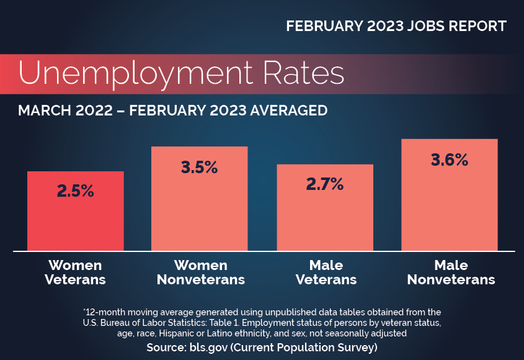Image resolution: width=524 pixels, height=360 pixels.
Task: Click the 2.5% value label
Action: click(76, 191)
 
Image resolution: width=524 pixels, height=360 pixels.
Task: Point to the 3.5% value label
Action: click(200, 167)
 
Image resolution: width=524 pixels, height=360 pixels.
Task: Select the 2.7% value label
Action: click(325, 184)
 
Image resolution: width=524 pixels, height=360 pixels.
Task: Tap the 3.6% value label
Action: click(450, 160)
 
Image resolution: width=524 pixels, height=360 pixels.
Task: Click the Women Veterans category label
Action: click(76, 272)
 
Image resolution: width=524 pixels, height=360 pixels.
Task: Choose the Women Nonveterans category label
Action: click(200, 272)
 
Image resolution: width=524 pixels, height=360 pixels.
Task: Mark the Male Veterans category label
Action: click(326, 272)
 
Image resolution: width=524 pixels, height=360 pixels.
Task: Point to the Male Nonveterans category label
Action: click(451, 272)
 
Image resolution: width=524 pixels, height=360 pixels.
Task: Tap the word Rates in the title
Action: click(302, 73)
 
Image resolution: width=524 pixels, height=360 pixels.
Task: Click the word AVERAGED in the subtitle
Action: click(288, 111)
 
